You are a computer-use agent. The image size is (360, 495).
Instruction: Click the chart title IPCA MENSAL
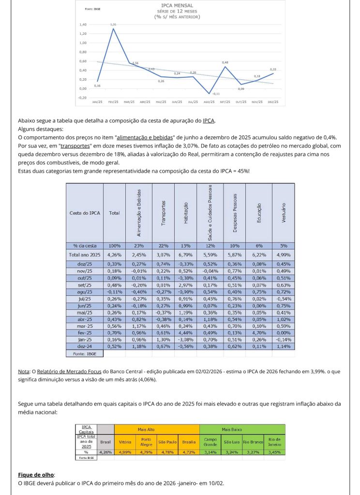pyautogui.click(x=180, y=5)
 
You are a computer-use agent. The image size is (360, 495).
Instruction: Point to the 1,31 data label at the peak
pyautogui.click(x=113, y=24)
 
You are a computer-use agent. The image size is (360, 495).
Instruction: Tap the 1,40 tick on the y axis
pyautogui.click(x=83, y=24)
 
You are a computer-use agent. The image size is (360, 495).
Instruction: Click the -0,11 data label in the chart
pyautogui.click(x=215, y=93)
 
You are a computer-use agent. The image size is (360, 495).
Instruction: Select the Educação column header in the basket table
pyautogui.click(x=259, y=212)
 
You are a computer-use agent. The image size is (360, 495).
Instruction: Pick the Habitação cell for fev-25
pyautogui.click(x=186, y=333)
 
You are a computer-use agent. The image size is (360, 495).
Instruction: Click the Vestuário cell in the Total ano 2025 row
pyautogui.click(x=284, y=254)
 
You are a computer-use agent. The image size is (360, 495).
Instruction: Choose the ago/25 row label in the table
pyautogui.click(x=85, y=292)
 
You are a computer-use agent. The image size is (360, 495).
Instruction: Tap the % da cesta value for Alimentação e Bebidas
pyautogui.click(x=139, y=246)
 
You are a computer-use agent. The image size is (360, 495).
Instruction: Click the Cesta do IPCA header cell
pyautogui.click(x=85, y=212)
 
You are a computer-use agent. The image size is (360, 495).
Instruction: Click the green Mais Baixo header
pyautogui.click(x=242, y=429)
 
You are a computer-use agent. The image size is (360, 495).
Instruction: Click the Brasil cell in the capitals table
pyautogui.click(x=105, y=442)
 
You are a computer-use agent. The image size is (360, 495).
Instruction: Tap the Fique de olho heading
pyautogui.click(x=36, y=475)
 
